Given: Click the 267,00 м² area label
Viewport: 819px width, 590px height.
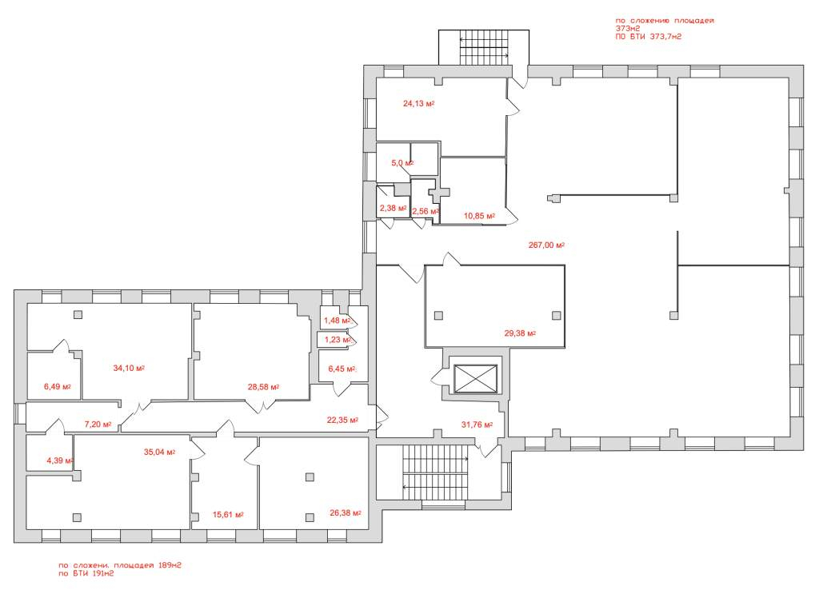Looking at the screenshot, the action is (x=546, y=245).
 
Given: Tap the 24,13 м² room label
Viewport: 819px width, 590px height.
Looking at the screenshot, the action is (x=419, y=103).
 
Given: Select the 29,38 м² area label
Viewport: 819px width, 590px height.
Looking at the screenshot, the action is (x=520, y=333).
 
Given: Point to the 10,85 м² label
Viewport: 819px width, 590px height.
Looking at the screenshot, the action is (x=480, y=216).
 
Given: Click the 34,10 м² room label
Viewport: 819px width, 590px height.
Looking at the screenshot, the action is (x=129, y=368).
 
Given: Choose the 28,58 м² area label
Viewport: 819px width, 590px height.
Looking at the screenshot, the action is (x=263, y=388).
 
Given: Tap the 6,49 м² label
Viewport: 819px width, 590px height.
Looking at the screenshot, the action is (x=58, y=387).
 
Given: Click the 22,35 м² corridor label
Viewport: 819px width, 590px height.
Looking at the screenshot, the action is (x=342, y=420).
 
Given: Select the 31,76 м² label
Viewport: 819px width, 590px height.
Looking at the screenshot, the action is (x=477, y=425).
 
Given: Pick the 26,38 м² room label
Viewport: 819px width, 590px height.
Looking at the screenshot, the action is (x=346, y=513).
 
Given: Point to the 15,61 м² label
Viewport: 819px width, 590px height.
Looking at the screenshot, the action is (x=228, y=515).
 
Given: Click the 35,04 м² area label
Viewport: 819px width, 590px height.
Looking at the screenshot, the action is (x=159, y=452).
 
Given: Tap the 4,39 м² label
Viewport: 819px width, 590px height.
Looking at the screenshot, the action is (x=59, y=460).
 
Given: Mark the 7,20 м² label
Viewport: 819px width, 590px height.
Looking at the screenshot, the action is (x=98, y=425).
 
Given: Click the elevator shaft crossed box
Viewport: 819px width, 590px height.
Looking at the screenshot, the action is (x=475, y=378).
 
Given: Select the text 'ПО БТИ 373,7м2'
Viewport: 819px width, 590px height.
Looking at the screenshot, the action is (x=648, y=37).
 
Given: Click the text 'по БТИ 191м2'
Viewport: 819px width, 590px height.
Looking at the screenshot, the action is (x=86, y=573).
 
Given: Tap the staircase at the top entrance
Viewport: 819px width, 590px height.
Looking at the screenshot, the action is (x=484, y=47).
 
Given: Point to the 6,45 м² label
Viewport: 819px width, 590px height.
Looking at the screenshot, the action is (x=342, y=369).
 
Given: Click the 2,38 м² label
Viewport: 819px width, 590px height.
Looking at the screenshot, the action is (x=394, y=209).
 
